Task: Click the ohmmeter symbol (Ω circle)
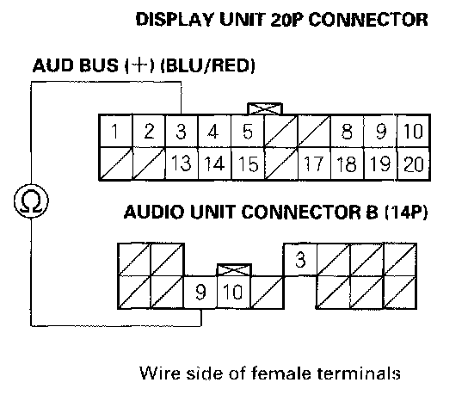(x=31, y=200)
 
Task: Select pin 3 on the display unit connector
(x=182, y=131)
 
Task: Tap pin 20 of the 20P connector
(x=414, y=163)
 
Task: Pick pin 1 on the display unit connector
(x=115, y=131)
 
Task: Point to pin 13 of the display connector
(x=182, y=163)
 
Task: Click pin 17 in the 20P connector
(x=314, y=163)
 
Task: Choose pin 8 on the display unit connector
(x=347, y=131)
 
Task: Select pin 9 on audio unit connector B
(x=200, y=292)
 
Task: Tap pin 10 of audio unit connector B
(x=233, y=292)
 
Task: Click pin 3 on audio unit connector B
(x=300, y=260)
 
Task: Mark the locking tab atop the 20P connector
(x=265, y=108)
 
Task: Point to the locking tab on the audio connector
(x=234, y=270)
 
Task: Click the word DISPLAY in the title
(x=175, y=20)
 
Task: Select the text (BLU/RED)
(x=208, y=65)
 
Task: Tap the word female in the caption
(x=282, y=373)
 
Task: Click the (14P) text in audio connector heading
(x=406, y=213)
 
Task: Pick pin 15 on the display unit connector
(x=249, y=163)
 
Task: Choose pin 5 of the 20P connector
(x=248, y=131)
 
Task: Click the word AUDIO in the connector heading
(x=154, y=213)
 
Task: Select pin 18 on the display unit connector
(x=347, y=163)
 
